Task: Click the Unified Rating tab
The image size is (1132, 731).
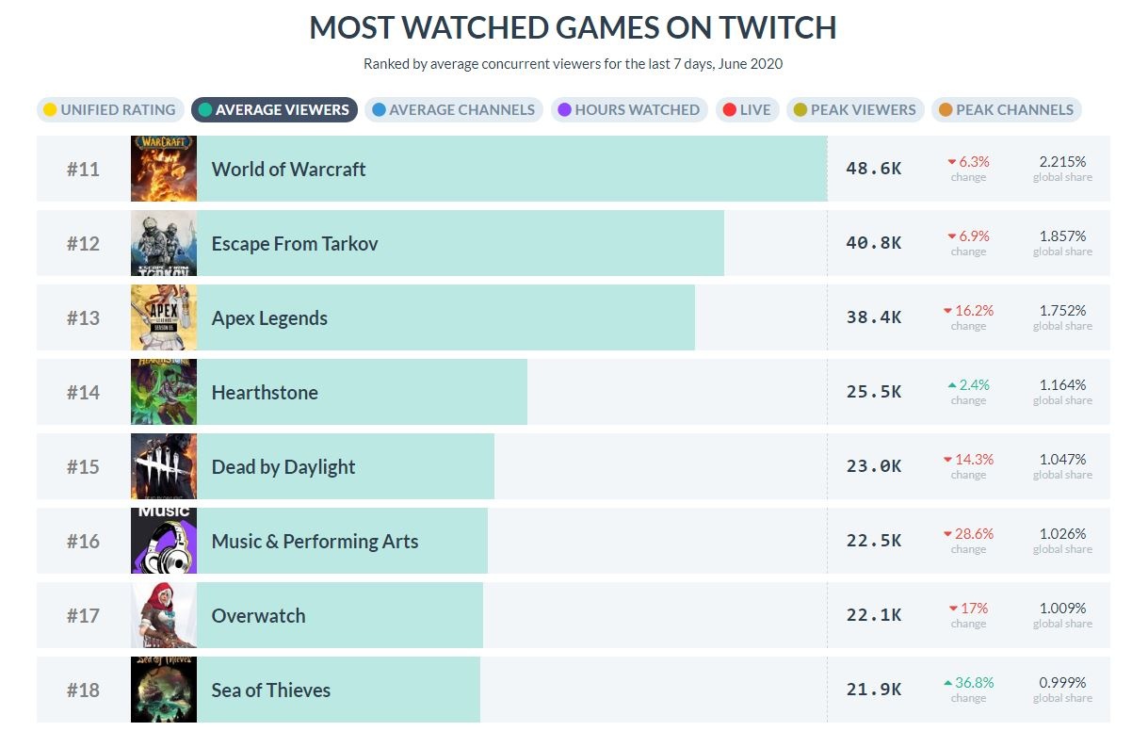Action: (106, 110)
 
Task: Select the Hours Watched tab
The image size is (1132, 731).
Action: (627, 110)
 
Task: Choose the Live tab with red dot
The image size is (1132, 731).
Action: (746, 110)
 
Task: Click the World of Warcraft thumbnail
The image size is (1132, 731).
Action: (164, 169)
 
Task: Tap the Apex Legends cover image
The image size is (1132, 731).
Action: (164, 317)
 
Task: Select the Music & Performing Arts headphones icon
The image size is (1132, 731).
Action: (164, 541)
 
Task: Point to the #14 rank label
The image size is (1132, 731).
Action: (83, 392)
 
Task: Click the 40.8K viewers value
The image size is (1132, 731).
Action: (873, 243)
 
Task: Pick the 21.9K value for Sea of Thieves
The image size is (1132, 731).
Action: (873, 690)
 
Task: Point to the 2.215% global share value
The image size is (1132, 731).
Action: (1062, 162)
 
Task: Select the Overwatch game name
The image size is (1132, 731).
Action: (258, 616)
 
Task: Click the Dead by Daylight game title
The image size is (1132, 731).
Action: (283, 466)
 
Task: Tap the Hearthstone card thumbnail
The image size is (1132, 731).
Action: (164, 392)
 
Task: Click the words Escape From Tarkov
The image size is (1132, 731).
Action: (294, 243)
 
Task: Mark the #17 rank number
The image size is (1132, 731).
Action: (83, 615)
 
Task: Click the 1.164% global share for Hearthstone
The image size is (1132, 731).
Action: (1062, 385)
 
